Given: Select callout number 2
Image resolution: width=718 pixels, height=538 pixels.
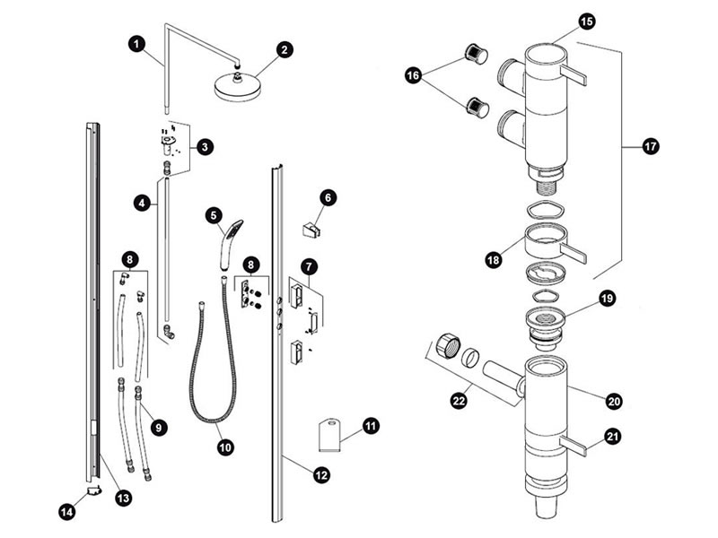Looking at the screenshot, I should point(285,50).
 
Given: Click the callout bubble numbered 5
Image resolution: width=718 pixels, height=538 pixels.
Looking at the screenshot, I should point(213,215).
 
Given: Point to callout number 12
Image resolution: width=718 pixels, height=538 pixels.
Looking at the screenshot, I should point(321,476).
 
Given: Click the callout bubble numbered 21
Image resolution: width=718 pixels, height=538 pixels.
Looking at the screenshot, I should point(611,437).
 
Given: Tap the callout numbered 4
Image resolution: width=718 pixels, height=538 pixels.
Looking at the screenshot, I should point(140,204).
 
